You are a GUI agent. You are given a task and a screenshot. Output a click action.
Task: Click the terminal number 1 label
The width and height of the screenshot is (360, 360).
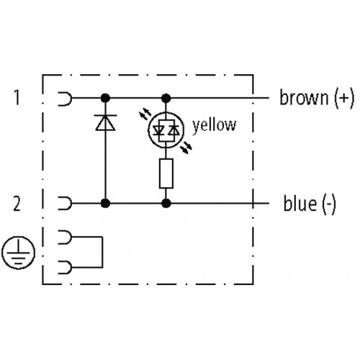click(17, 97)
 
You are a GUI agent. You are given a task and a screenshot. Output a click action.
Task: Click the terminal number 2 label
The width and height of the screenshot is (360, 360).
click(17, 204)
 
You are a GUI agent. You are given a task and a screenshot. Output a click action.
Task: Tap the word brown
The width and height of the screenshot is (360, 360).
click(304, 97)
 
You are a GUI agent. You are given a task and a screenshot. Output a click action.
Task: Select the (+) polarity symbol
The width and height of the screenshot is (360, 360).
click(344, 98)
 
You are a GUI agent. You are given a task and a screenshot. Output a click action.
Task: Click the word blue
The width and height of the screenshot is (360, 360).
click(300, 203)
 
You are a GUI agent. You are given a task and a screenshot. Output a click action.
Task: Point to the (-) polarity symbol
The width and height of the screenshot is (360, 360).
click(329, 204)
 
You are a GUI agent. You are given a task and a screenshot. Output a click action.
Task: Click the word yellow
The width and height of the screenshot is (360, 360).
click(215, 125)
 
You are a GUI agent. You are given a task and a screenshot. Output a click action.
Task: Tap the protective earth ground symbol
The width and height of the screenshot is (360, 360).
click(18, 253)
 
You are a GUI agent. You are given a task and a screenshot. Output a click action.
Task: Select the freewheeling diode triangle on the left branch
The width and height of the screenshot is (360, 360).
click(105, 122)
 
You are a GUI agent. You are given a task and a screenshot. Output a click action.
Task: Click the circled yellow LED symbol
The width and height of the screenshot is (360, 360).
click(166, 130)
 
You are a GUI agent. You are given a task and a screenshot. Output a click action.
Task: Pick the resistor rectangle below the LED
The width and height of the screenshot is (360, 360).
click(166, 174)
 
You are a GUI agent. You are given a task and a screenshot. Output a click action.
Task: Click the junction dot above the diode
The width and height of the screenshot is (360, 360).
click(105, 98)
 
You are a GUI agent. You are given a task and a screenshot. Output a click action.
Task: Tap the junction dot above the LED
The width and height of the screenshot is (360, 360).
click(166, 98)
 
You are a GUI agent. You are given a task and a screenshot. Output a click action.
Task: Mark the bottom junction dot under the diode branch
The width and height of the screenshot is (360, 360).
click(105, 203)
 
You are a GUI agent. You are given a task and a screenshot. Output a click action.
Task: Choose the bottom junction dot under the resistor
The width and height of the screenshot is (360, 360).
click(166, 203)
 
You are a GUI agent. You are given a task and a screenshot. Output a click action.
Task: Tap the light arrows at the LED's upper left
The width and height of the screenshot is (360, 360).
click(145, 114)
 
